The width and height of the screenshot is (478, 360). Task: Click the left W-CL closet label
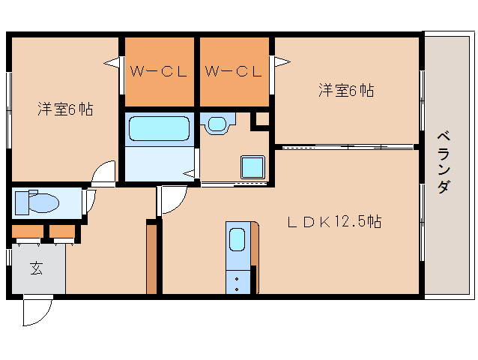pyautogui.click(x=157, y=72)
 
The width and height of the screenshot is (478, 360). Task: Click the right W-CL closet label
pyautogui.click(x=232, y=72)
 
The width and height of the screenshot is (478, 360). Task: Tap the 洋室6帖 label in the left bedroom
pyautogui.click(x=66, y=109)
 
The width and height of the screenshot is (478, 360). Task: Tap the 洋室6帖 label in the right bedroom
pyautogui.click(x=346, y=91)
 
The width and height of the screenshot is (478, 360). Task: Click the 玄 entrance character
pyautogui.click(x=36, y=268)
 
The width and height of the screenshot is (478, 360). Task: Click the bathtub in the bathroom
pyautogui.click(x=158, y=129)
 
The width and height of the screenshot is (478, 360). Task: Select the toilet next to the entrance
pyautogui.click(x=40, y=202)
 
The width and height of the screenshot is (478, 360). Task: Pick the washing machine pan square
pyautogui.click(x=251, y=166)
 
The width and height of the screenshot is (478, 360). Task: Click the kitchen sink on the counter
pyautogui.click(x=237, y=241)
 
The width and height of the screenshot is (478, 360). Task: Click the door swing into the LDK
pyautogui.click(x=171, y=201)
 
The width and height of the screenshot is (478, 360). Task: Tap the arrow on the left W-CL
pyautogui.click(x=112, y=63)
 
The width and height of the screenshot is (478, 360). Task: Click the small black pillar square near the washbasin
pyautogui.click(x=261, y=118)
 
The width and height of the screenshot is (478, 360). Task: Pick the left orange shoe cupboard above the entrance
pyautogui.click(x=27, y=231)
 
